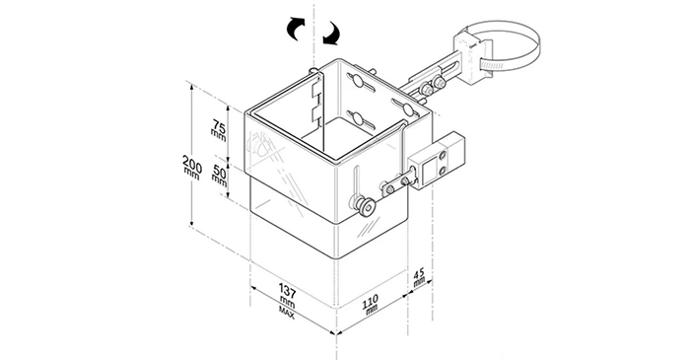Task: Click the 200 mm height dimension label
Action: point(192,167)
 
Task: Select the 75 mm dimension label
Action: point(219,130)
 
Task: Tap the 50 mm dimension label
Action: point(219,175)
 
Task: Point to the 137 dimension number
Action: point(288,291)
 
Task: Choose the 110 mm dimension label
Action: point(371,303)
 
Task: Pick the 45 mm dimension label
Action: point(419,277)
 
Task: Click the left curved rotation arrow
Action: point(296,29)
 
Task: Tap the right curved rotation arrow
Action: point(331,34)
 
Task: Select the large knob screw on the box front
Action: point(366,206)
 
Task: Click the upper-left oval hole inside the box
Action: point(357,81)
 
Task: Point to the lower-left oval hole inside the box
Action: point(358,118)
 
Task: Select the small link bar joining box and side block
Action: point(398,184)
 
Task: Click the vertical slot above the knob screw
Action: point(357,182)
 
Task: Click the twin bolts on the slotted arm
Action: point(432,86)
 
